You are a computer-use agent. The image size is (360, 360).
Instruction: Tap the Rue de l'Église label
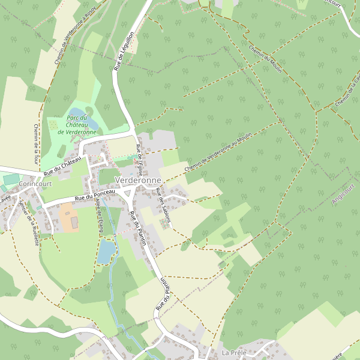click(x=140, y=157)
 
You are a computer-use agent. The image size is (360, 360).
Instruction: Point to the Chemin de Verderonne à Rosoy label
click(x=76, y=36)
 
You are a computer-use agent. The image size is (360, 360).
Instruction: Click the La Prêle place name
click(x=234, y=352)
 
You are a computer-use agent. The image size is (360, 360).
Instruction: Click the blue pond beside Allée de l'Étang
click(x=106, y=251)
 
